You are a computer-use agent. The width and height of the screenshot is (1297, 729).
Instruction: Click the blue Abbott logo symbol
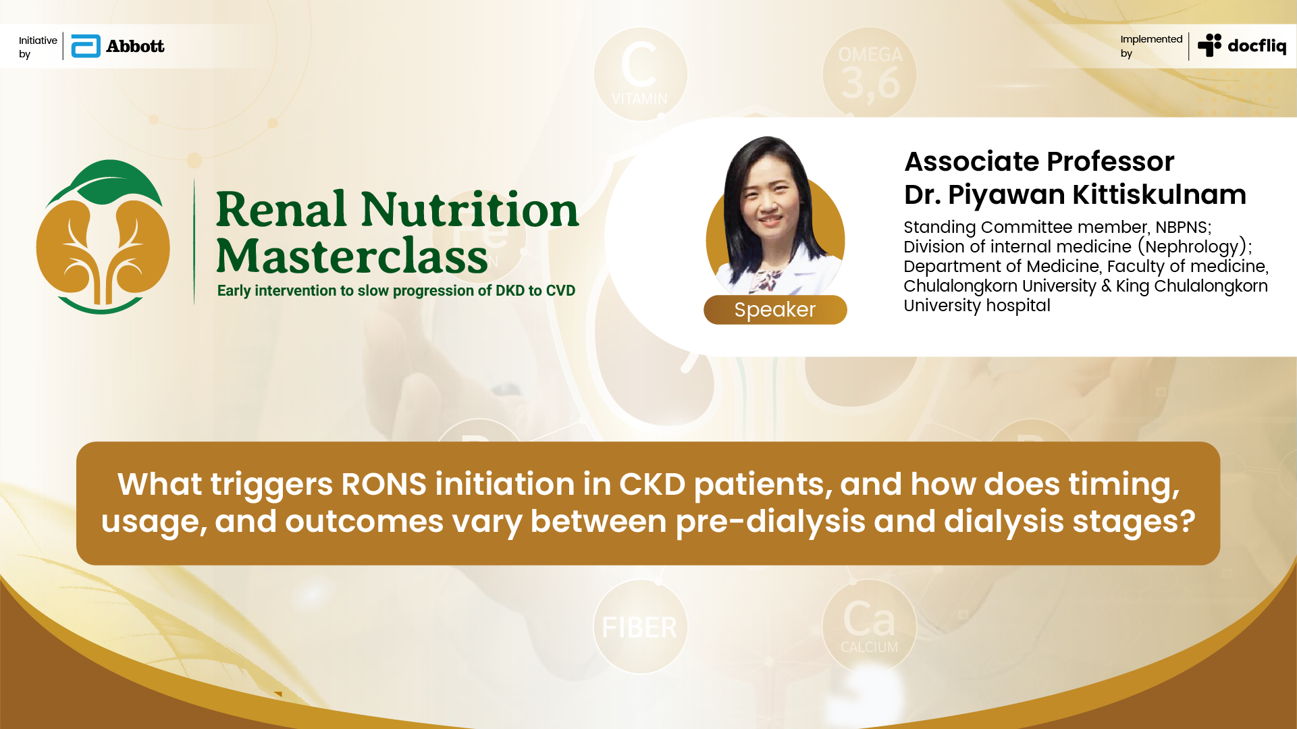[86, 46]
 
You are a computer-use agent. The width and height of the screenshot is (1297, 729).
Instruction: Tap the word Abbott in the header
[135, 46]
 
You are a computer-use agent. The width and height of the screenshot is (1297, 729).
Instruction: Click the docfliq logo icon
[1209, 45]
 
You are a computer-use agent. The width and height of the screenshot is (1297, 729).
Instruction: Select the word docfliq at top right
[1256, 46]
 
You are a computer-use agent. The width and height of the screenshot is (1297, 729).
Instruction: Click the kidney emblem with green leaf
[103, 237]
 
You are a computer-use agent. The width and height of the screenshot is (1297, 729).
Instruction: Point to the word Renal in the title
[282, 209]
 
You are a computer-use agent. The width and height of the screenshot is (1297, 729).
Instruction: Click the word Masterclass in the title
[352, 256]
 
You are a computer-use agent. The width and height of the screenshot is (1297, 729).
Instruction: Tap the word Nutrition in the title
[470, 209]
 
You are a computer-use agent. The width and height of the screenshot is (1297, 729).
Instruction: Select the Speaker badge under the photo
[775, 310]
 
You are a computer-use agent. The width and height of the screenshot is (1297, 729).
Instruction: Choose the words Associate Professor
[1039, 161]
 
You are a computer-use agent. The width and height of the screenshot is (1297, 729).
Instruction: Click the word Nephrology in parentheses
[1192, 247]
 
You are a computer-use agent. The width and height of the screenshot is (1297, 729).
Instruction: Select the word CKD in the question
[652, 484]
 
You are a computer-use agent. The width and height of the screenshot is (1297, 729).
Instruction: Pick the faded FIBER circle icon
[640, 627]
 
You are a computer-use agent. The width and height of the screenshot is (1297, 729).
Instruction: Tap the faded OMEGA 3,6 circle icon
[870, 74]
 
